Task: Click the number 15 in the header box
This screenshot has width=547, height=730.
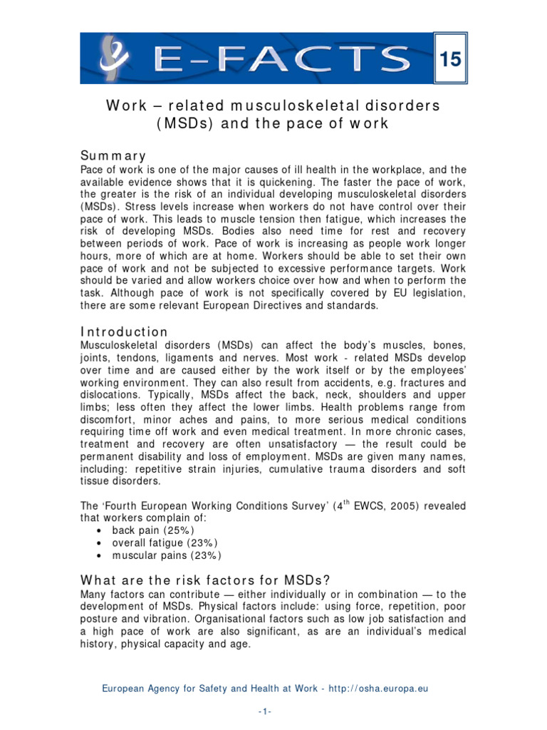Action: click(x=451, y=61)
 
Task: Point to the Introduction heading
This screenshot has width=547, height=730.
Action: click(x=124, y=332)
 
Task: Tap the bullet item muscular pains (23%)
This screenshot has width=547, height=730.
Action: click(x=162, y=555)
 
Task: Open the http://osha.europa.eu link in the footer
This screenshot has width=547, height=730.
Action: click(x=383, y=689)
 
